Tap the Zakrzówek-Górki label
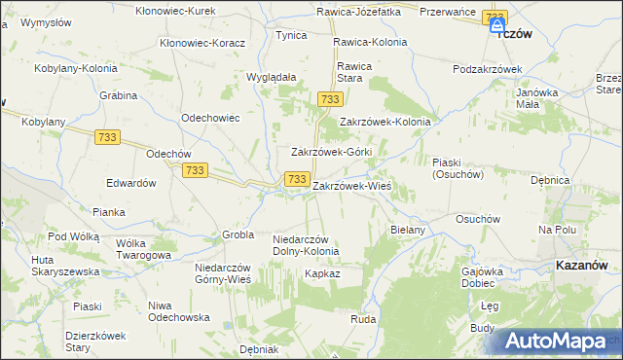click(x=333, y=153)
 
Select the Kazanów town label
click(x=582, y=264)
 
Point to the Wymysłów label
click(x=48, y=21)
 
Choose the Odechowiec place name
click(x=211, y=118)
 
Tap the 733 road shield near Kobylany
click(x=108, y=137)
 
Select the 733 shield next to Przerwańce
click(x=495, y=18)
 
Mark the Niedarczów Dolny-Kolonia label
click(x=306, y=244)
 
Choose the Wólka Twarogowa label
click(x=143, y=248)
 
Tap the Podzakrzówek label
click(x=489, y=69)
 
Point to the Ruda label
click(x=363, y=319)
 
